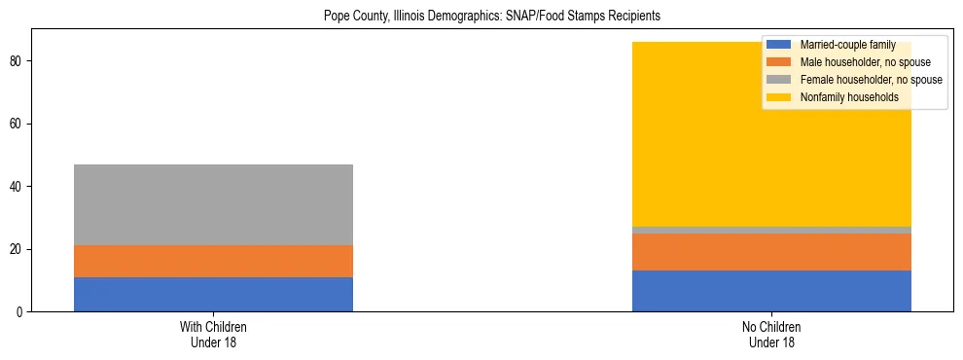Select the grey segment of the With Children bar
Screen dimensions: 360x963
coord(213,204)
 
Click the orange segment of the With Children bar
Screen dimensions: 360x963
coord(213,261)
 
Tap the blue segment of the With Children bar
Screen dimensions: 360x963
coord(213,294)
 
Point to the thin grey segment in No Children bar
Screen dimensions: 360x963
coord(771,230)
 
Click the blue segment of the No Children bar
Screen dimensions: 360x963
coord(771,291)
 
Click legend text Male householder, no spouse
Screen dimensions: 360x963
coord(865,62)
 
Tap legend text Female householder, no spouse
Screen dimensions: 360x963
coord(871,80)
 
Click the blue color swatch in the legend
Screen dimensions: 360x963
coord(779,45)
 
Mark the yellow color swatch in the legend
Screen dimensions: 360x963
coord(779,97)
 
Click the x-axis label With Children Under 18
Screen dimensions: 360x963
coord(213,334)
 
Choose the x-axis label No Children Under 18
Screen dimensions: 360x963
coord(771,334)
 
